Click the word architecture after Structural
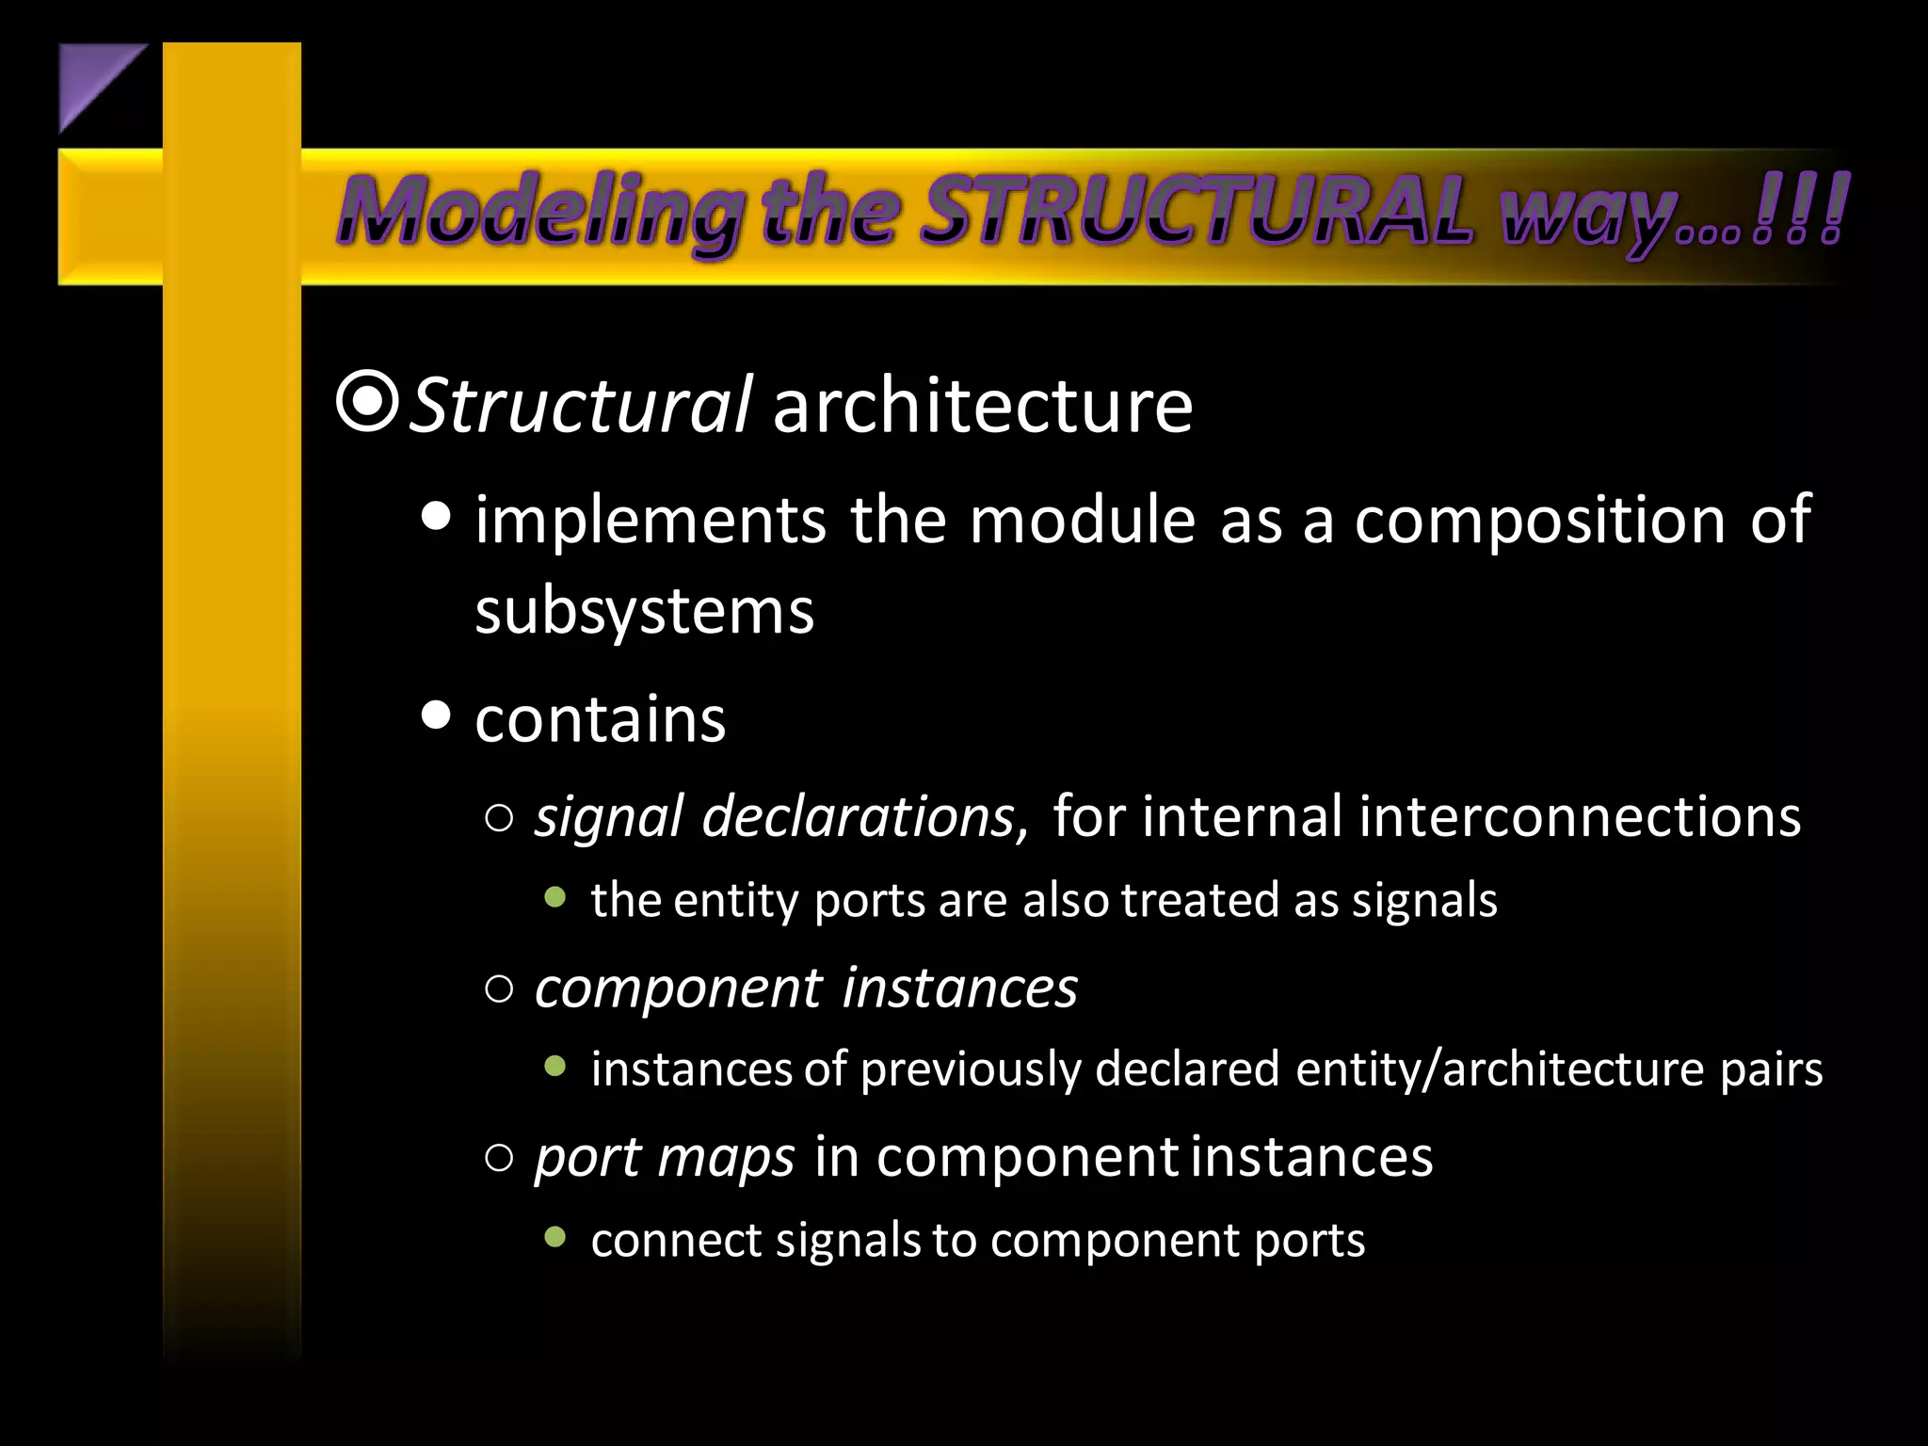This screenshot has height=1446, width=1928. tap(982, 406)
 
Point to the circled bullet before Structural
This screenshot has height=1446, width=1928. tap(366, 403)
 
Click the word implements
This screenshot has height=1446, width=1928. tap(650, 520)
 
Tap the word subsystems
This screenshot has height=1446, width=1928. tap(644, 612)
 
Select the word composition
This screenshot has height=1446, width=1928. tap(1538, 520)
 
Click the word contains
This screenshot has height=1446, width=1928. tap(600, 719)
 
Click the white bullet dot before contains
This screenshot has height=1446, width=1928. tap(436, 715)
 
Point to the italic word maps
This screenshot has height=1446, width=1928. tap(726, 1157)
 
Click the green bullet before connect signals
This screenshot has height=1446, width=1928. tap(555, 1236)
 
